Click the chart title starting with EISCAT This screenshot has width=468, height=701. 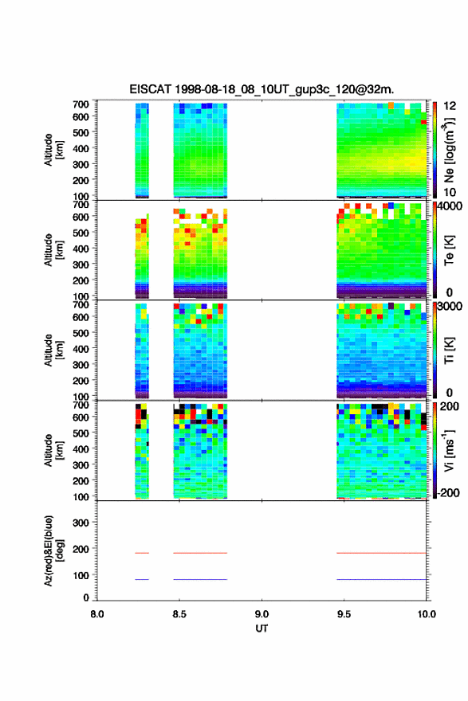[262, 89]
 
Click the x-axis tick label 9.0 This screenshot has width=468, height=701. [262, 614]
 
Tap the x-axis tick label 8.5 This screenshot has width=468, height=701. [179, 614]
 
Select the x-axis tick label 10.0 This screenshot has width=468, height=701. [427, 614]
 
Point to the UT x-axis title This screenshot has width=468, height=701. [262, 629]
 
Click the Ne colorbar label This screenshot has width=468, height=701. [449, 151]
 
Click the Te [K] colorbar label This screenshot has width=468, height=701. [449, 250]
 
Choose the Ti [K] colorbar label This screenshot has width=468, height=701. [449, 350]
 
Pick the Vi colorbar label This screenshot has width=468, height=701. [449, 451]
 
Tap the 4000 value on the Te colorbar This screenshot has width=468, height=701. [450, 206]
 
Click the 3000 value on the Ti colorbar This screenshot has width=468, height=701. [450, 306]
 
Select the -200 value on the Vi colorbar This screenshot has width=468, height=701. [447, 492]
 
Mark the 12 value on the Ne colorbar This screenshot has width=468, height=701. [450, 106]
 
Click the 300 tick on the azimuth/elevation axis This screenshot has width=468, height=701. [81, 523]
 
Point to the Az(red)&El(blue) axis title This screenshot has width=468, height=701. [53, 550]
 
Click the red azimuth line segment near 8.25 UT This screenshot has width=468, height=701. [142, 553]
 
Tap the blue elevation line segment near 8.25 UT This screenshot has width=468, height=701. [142, 579]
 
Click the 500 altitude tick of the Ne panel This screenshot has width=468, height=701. [81, 132]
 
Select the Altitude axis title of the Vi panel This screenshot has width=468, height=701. [53, 450]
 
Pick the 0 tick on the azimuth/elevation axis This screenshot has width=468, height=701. [86, 597]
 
